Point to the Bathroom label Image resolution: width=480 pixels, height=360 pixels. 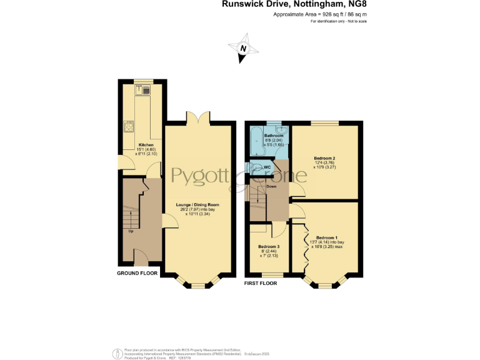(274, 136)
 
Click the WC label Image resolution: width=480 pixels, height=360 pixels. (267, 167)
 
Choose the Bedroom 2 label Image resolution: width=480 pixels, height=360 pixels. (326, 159)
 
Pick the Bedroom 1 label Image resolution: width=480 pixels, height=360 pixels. (327, 238)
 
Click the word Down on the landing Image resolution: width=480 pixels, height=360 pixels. (272, 186)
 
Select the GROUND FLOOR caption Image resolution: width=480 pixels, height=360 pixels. (137, 274)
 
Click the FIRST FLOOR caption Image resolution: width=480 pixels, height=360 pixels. (261, 283)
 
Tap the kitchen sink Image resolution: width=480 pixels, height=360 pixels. (146, 91)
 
